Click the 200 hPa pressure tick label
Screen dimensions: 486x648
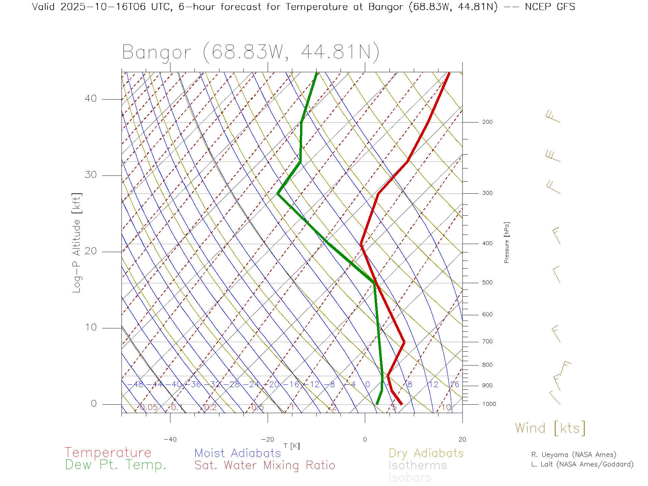click(487, 122)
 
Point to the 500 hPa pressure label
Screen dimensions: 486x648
click(487, 283)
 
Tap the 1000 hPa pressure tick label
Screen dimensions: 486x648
click(489, 404)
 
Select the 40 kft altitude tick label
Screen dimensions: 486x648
click(90, 99)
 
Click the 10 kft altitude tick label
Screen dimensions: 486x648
click(90, 327)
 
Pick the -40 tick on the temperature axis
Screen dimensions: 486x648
click(170, 439)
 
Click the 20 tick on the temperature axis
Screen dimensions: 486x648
click(462, 439)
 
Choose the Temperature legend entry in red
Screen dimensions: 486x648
click(108, 453)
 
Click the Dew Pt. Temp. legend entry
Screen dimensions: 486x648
click(116, 465)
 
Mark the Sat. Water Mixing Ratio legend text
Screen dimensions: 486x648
click(265, 465)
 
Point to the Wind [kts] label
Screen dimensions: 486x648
click(550, 428)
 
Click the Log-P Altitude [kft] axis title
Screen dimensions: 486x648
click(77, 243)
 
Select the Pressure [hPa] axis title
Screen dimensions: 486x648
click(507, 243)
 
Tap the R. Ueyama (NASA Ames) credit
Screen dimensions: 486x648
click(574, 455)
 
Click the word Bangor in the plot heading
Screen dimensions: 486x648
click(157, 53)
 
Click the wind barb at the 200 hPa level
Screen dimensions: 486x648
click(553, 117)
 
